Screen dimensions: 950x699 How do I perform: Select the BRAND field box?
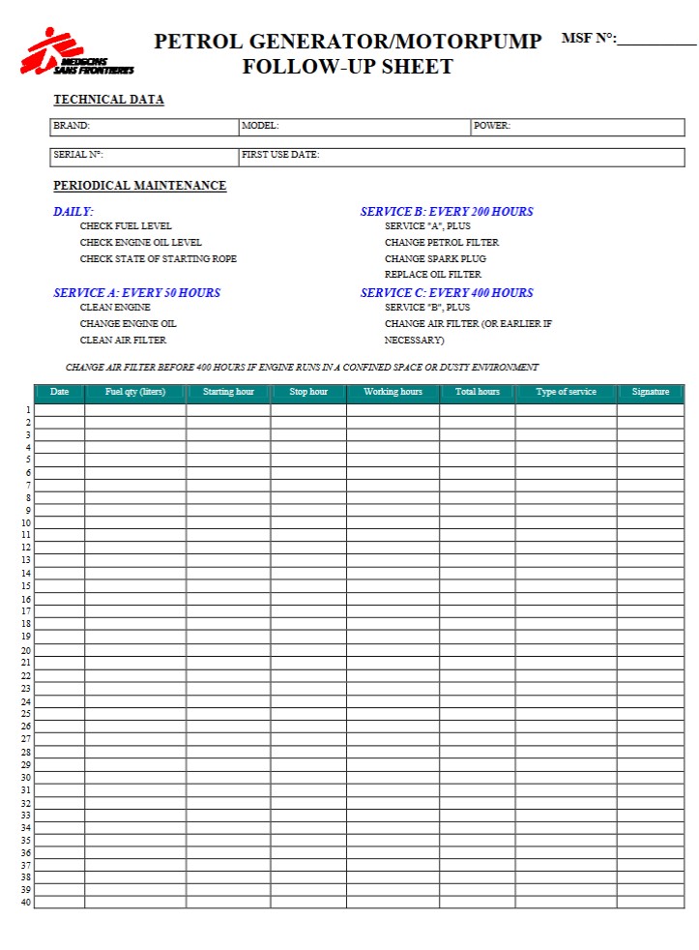pos(144,127)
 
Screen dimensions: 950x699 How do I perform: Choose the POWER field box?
pos(577,127)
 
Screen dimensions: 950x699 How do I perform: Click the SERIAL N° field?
pos(144,156)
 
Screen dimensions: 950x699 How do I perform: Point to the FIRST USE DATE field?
pos(461,156)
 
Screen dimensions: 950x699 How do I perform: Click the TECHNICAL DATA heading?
pos(108,100)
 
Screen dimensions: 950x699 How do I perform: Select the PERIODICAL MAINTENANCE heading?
pos(139,186)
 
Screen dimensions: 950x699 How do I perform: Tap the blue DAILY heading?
pos(73,212)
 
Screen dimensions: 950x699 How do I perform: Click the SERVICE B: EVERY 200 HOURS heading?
pos(447,212)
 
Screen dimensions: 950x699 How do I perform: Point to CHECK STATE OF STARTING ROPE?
pos(158,259)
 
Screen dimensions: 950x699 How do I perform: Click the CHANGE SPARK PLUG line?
pos(435,259)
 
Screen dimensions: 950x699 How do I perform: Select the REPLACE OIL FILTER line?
pos(432,275)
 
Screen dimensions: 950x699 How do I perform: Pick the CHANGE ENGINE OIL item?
pos(128,324)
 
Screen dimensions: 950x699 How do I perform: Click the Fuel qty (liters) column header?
pos(135,392)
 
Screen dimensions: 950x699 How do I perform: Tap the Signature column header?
pos(650,392)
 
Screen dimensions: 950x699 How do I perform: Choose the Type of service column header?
pos(566,392)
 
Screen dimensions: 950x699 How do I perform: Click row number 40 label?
pos(25,903)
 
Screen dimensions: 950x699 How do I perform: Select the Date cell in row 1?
pos(60,410)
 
